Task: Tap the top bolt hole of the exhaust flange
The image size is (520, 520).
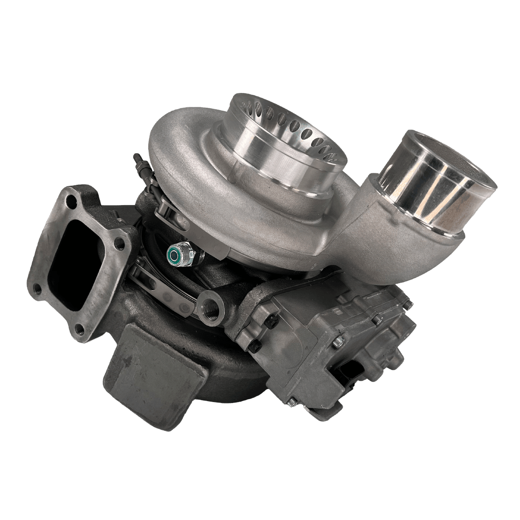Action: (x=72, y=203)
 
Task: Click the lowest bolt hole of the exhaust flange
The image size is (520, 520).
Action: (x=80, y=330)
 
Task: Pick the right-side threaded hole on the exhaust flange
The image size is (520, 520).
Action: (x=120, y=244)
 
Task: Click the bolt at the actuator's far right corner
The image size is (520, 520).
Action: (x=407, y=304)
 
